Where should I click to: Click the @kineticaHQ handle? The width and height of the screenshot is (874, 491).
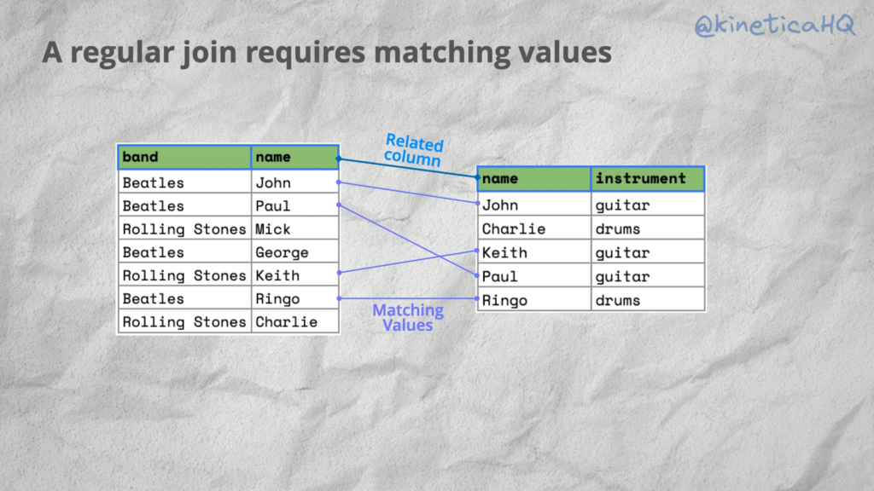pyautogui.click(x=775, y=25)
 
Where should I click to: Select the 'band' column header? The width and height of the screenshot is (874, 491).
pyautogui.click(x=140, y=157)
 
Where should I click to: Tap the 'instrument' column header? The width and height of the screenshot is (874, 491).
pyautogui.click(x=640, y=179)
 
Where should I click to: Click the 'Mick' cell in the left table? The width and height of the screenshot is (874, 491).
pyautogui.click(x=273, y=229)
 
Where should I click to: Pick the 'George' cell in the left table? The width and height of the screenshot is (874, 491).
pyautogui.click(x=282, y=252)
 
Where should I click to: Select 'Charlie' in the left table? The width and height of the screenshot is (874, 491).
pyautogui.click(x=286, y=322)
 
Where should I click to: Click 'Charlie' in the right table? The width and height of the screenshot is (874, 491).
pyautogui.click(x=513, y=228)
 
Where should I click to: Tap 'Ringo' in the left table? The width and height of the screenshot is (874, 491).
pyautogui.click(x=278, y=299)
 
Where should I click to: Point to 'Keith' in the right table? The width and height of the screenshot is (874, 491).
pyautogui.click(x=504, y=253)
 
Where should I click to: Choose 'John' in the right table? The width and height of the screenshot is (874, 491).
pyautogui.click(x=500, y=205)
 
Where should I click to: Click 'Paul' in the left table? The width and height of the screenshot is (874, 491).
pyautogui.click(x=273, y=206)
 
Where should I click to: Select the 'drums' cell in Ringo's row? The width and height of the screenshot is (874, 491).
pyautogui.click(x=617, y=300)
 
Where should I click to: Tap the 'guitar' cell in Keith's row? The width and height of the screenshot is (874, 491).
pyautogui.click(x=622, y=253)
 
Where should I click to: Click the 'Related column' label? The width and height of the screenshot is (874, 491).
pyautogui.click(x=414, y=150)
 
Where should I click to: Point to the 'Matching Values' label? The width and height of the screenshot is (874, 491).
pyautogui.click(x=408, y=317)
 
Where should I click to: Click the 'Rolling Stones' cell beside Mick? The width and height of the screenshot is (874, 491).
pyautogui.click(x=184, y=229)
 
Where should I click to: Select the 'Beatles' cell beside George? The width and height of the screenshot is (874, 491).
pyautogui.click(x=153, y=252)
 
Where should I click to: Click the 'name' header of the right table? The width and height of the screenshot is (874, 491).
pyautogui.click(x=499, y=179)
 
